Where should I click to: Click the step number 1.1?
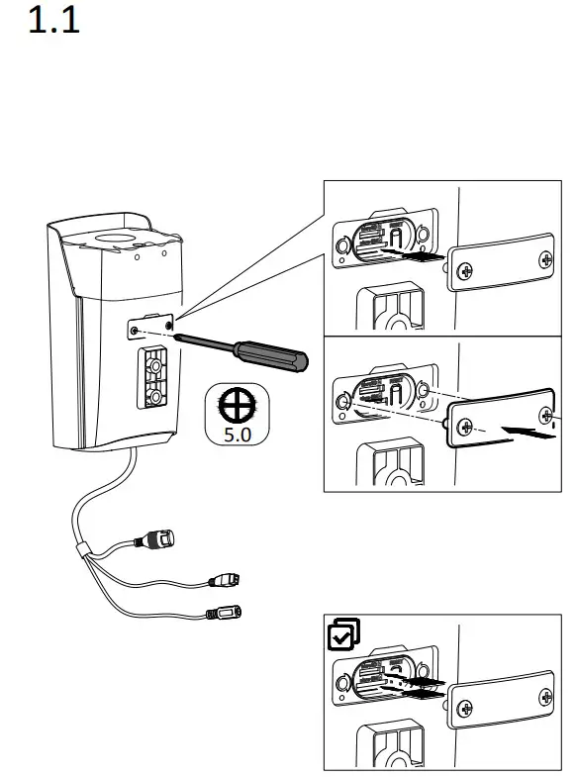coord(53,22)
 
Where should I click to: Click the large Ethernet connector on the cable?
coord(159,540)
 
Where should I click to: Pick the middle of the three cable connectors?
coord(228,579)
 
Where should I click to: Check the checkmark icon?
coord(342,634)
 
